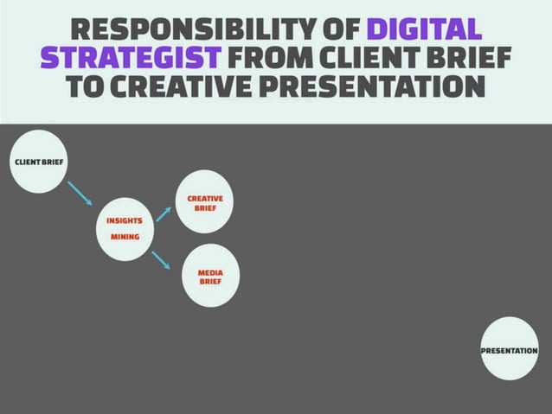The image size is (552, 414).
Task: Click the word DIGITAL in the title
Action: (424, 30)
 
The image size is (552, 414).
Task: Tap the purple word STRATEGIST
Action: (131, 59)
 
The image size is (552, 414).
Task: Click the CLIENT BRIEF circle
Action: (39, 162)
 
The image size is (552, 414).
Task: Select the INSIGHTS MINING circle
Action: (125, 228)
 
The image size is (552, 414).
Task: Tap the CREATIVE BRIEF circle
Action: (205, 202)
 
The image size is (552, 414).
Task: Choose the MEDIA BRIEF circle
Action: (210, 277)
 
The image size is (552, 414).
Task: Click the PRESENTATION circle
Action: (509, 349)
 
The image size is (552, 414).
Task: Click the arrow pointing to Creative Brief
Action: (164, 213)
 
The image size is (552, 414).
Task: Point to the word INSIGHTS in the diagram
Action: (124, 220)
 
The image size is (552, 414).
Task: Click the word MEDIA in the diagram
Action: (210, 272)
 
